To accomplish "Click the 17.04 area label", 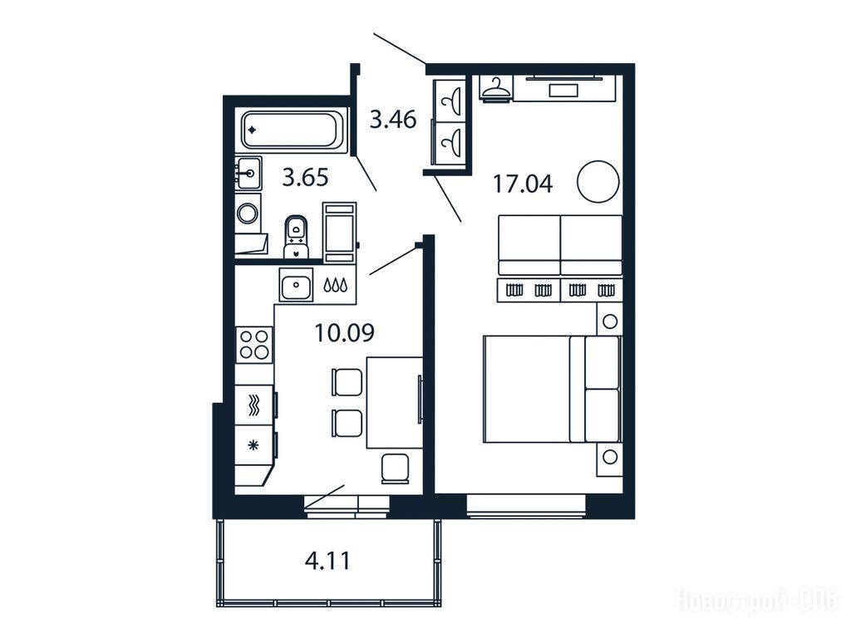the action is tap(522, 184).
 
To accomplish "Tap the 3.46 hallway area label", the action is tap(393, 119).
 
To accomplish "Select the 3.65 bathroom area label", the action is tap(305, 177).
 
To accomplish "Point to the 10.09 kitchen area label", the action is tap(345, 332).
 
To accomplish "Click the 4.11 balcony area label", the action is tap(327, 560).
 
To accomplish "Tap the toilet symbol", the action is tap(296, 237).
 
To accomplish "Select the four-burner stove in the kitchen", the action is tap(254, 345).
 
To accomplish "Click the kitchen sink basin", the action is tap(296, 284).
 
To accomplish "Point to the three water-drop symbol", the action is tap(336, 285).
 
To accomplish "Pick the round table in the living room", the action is tap(598, 182).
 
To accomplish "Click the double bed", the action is tap(552, 389).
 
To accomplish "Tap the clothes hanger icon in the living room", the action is tap(496, 88).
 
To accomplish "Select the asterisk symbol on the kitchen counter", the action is tap(253, 446).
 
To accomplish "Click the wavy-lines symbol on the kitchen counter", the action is tap(253, 405).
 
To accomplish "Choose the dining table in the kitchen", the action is tap(395, 402).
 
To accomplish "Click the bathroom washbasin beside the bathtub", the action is tap(248, 174).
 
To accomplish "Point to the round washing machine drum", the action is tap(248, 213).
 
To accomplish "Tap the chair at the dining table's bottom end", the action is tap(395, 469).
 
